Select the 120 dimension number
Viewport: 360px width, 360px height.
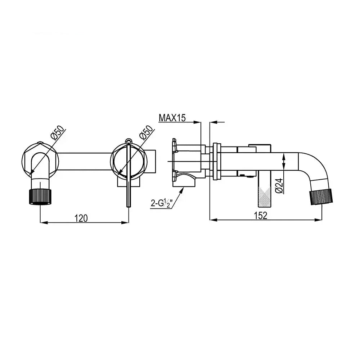coord(81,218)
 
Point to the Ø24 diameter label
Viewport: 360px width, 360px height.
coord(279,186)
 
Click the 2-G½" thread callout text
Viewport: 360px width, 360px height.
coord(161,204)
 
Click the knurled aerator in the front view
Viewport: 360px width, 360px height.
coord(40,196)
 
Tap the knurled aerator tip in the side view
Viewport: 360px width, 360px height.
coord(321,197)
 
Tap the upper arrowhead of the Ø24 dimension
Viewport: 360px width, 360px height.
coord(284,156)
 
